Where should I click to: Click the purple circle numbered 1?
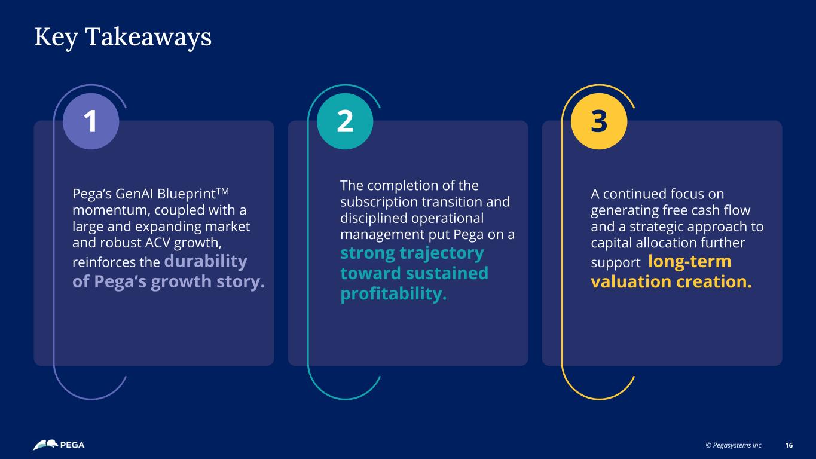point(91,121)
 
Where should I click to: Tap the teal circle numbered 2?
point(345,121)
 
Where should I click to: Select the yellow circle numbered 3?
point(599,121)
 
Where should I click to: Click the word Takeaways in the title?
point(148,37)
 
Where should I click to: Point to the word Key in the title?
point(56,38)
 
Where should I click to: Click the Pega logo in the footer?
point(59,445)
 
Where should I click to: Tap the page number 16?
point(789,445)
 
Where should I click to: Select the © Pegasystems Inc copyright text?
point(734,445)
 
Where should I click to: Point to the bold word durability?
point(206,261)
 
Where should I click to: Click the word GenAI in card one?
point(135,194)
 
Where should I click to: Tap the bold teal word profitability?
point(393,294)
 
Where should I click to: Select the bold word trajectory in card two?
point(442,253)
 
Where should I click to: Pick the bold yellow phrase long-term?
point(690,261)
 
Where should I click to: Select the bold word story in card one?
point(240,282)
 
